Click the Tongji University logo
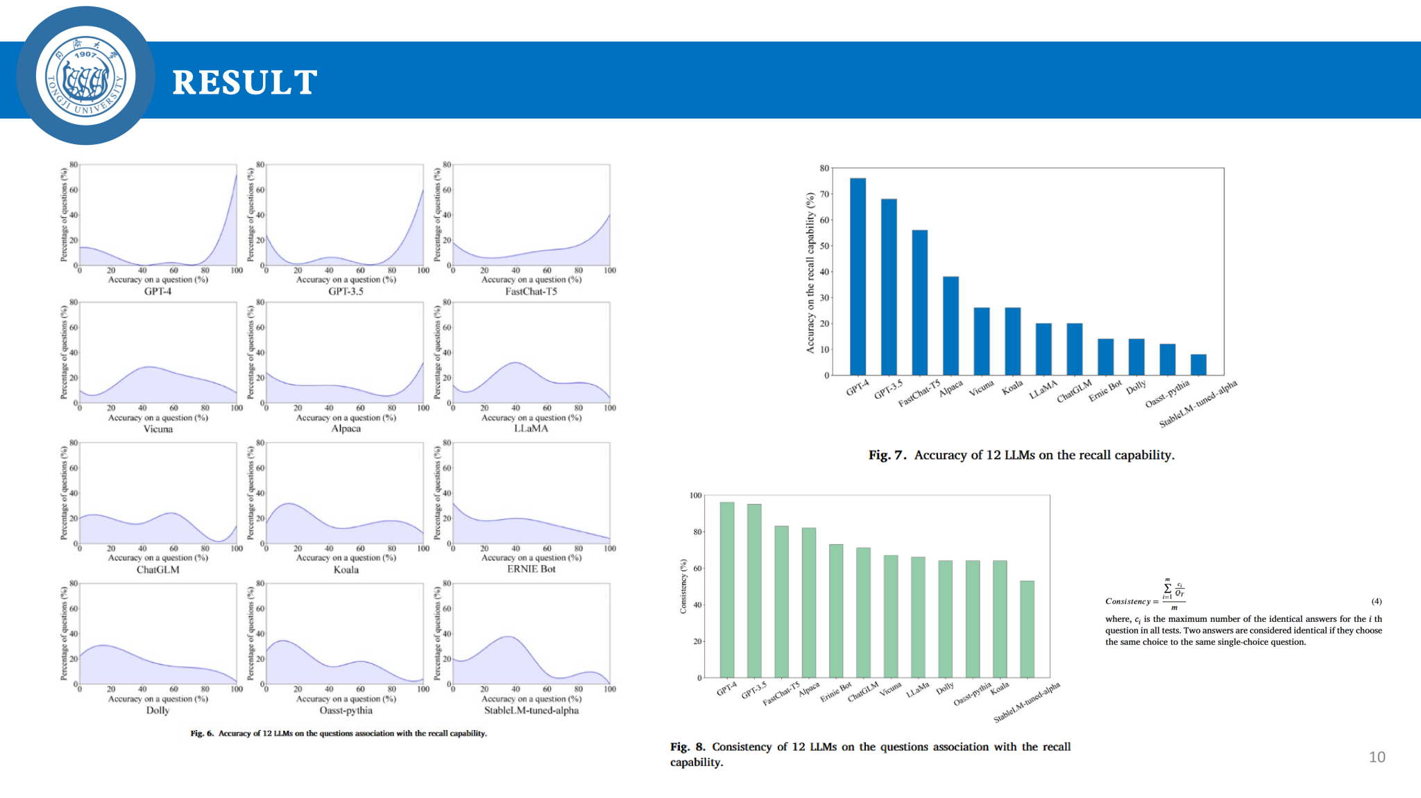(x=85, y=76)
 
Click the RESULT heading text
(x=244, y=83)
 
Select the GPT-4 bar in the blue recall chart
(x=858, y=277)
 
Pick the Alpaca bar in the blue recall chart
(x=951, y=326)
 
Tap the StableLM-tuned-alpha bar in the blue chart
(x=1198, y=365)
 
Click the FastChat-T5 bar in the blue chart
(x=919, y=302)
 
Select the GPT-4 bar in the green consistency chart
(x=727, y=589)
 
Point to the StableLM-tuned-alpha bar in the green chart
(x=1027, y=629)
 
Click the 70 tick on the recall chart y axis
(x=824, y=194)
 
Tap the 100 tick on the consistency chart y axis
(x=695, y=496)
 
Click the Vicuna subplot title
(x=158, y=429)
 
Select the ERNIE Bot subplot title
(x=531, y=569)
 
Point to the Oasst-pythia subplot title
(x=346, y=711)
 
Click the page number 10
(x=1377, y=757)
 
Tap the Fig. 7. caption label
(x=887, y=456)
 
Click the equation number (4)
(x=1377, y=601)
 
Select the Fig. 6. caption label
(x=202, y=734)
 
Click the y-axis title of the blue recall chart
(x=810, y=273)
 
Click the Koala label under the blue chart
(x=1012, y=388)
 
